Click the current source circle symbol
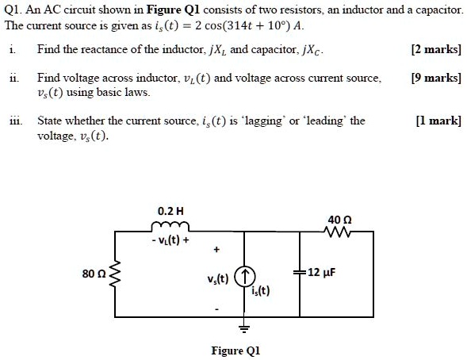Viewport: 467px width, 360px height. coord(246,277)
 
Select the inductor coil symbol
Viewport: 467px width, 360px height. coord(170,228)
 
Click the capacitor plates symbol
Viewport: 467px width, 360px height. coord(299,273)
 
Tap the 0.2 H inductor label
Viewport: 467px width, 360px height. coord(170,212)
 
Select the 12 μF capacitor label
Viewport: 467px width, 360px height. coord(323,273)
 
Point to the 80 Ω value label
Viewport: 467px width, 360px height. coord(93,274)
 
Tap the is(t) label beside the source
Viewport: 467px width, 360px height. coord(261,290)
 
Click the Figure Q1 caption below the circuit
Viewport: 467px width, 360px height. coord(235,350)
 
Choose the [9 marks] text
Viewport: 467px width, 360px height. coord(436,79)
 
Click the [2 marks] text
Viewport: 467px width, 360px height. coord(436,49)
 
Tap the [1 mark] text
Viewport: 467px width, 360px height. coord(438,121)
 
